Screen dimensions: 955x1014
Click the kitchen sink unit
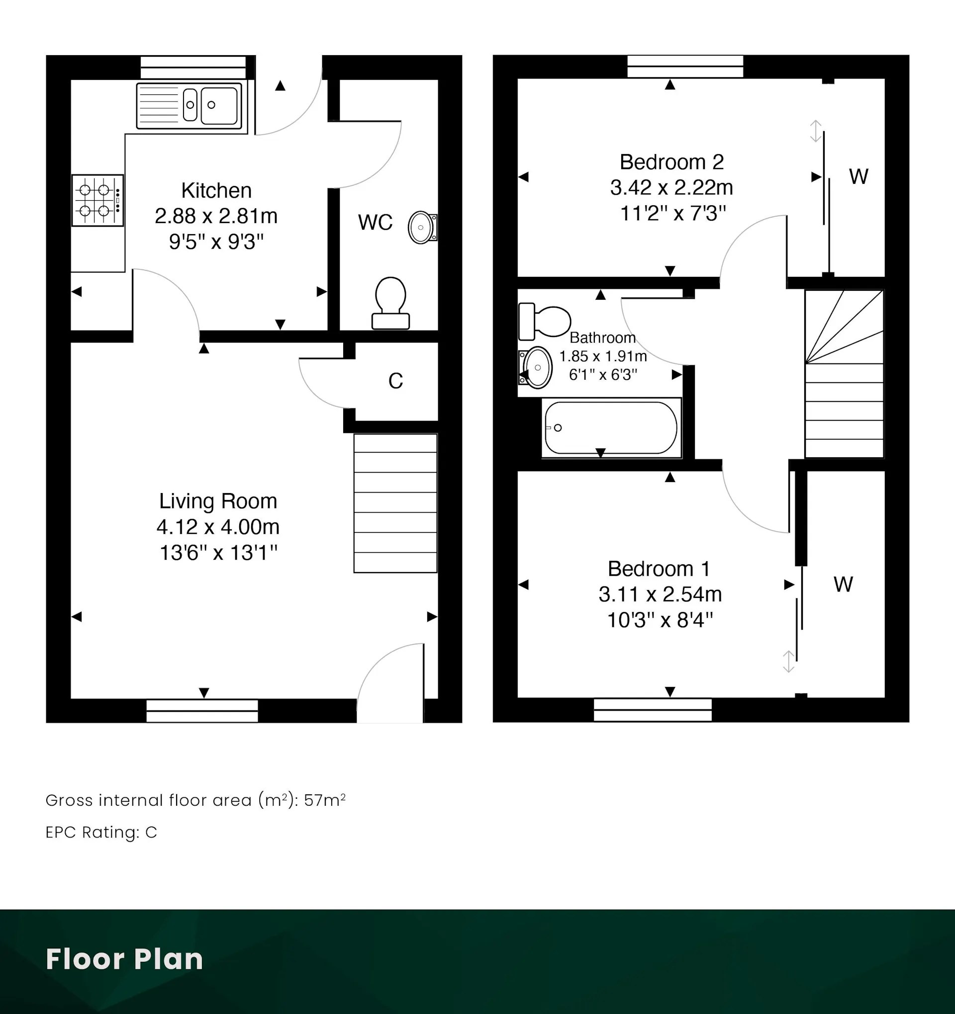click(190, 105)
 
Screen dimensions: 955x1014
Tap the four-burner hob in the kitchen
click(97, 200)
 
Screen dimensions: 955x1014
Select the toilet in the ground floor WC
click(390, 303)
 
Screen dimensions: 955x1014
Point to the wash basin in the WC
click(422, 227)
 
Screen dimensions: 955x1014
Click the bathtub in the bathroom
click(611, 427)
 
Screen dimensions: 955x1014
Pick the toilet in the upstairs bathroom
click(544, 321)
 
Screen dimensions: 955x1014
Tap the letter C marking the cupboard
click(395, 381)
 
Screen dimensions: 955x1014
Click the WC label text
click(375, 222)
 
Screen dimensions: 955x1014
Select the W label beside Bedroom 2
click(859, 177)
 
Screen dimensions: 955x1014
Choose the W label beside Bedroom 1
click(843, 585)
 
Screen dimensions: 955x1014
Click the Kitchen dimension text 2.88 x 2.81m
click(216, 216)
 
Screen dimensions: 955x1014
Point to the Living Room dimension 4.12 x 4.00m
click(218, 527)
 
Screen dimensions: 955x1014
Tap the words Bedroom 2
click(671, 162)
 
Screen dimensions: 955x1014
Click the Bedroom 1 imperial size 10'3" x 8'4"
click(660, 620)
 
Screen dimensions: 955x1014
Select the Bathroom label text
click(602, 338)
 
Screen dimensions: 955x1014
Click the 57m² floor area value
click(325, 800)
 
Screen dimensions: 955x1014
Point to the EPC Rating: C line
click(101, 833)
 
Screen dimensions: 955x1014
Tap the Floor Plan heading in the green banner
click(124, 959)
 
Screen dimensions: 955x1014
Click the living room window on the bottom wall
click(202, 710)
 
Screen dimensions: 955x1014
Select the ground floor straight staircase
click(395, 504)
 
